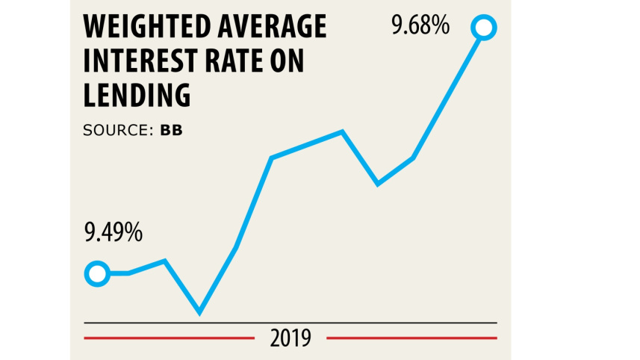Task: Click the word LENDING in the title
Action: pos(137,96)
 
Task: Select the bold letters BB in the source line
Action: pos(171,130)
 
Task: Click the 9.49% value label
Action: pos(113,233)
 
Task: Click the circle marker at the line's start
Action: pos(97,274)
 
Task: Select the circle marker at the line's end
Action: pos(483,28)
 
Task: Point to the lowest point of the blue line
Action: pos(199,311)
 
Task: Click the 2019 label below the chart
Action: pos(291,338)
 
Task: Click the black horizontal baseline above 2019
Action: pos(291,323)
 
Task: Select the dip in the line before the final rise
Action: pos(379,183)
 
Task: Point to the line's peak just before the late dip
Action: pos(343,132)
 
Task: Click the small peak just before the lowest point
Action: pos(164,261)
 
